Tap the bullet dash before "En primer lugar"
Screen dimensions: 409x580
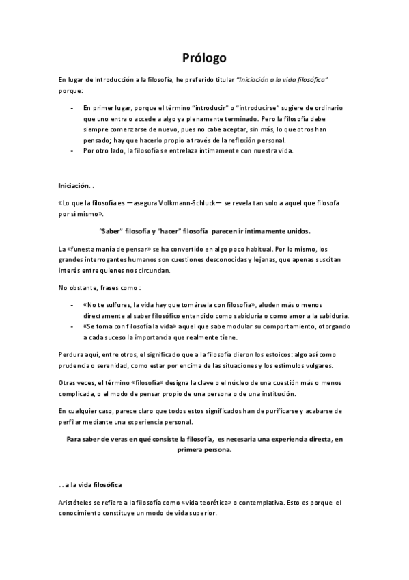(x=72, y=109)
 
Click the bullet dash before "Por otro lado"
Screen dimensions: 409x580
(x=72, y=150)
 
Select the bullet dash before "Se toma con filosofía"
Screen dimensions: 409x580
(x=72, y=327)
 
